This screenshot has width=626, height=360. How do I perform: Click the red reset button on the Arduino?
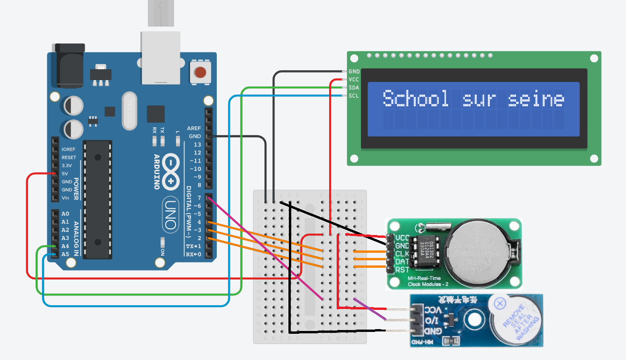(x=200, y=73)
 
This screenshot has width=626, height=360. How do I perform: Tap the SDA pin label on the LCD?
(x=354, y=88)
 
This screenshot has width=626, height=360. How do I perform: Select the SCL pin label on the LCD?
(x=354, y=96)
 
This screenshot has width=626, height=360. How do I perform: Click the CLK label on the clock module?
(x=402, y=254)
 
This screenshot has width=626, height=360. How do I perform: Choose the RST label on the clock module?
(x=402, y=270)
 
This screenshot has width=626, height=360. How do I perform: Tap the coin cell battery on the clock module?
(x=477, y=253)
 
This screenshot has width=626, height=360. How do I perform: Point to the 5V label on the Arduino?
(x=65, y=174)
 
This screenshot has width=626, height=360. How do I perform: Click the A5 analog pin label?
(x=65, y=254)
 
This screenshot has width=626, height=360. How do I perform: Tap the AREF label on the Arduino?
(x=194, y=128)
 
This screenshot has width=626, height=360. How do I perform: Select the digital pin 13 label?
(x=197, y=145)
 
